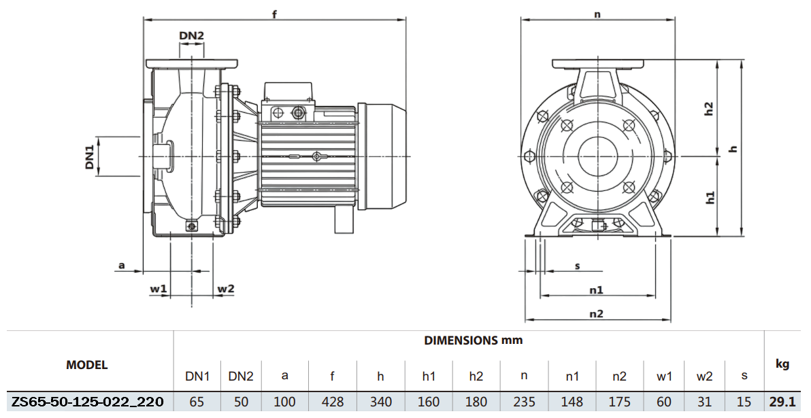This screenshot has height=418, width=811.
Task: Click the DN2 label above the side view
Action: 191,35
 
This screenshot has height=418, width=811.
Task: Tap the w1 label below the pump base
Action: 158,289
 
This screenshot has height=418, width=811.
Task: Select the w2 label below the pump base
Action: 225,289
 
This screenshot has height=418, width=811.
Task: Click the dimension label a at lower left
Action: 122,265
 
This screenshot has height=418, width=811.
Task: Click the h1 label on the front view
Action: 709,198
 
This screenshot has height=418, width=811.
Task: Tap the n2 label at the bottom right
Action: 596,313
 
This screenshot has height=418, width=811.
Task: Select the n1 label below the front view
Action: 596,290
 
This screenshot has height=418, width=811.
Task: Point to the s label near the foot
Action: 577,266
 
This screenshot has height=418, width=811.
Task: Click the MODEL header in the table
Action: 86,365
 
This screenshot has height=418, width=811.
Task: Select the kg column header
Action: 782,364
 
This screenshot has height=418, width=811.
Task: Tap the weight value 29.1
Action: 782,402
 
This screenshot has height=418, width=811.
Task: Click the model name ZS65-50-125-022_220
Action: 87,402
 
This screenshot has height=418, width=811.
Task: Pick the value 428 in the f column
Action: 332,402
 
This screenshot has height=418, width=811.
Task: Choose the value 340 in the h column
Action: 380,402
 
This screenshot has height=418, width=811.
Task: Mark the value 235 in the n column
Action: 524,402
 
